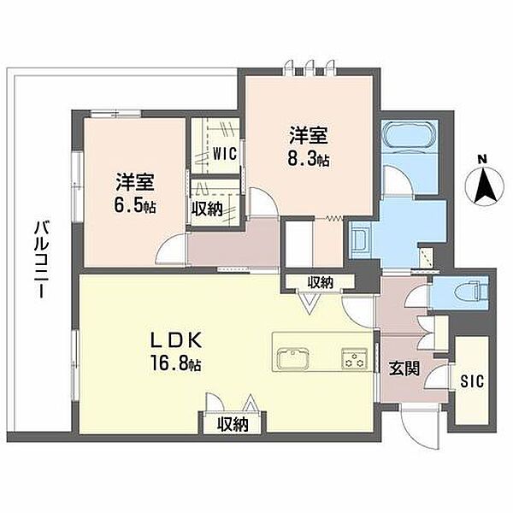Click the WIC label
(225, 154)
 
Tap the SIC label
(472, 381)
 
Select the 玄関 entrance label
(404, 369)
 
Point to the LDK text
(175, 340)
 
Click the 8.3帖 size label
(308, 160)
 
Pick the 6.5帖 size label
(134, 206)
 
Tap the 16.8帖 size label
(175, 363)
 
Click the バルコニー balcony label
(42, 259)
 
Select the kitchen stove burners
(354, 359)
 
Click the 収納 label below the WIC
(207, 209)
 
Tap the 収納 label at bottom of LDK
(233, 424)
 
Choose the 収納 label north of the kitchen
(321, 282)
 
